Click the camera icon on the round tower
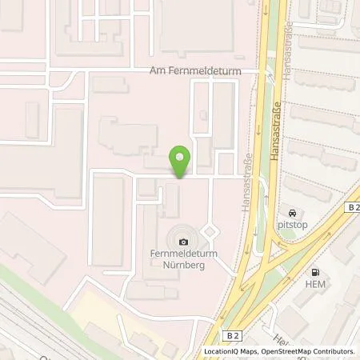pos(185,242)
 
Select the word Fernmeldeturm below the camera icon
pos(185,254)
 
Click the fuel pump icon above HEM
pos(314,273)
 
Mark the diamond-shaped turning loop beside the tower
pos(210,232)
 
